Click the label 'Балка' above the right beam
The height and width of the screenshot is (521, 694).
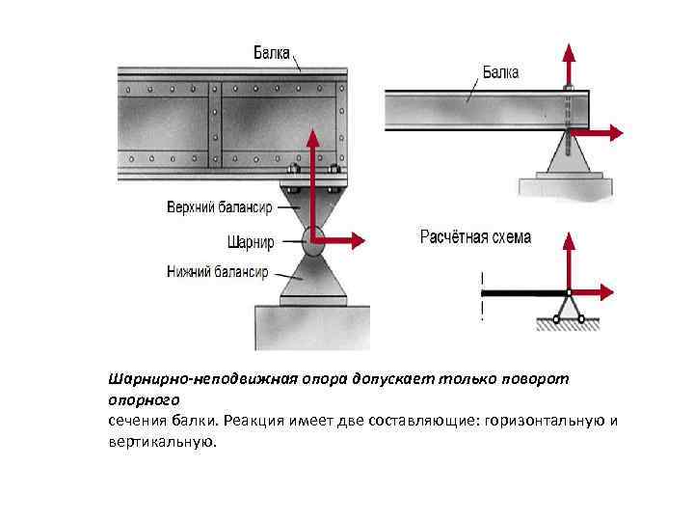[x=500, y=71]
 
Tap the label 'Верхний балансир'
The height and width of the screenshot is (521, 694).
[x=219, y=207]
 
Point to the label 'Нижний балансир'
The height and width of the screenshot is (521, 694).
[x=217, y=272]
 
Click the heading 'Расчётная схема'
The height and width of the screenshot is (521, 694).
[x=475, y=237]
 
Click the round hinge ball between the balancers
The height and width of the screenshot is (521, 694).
[x=312, y=240]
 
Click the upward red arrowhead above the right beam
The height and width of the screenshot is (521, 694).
[x=569, y=51]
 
